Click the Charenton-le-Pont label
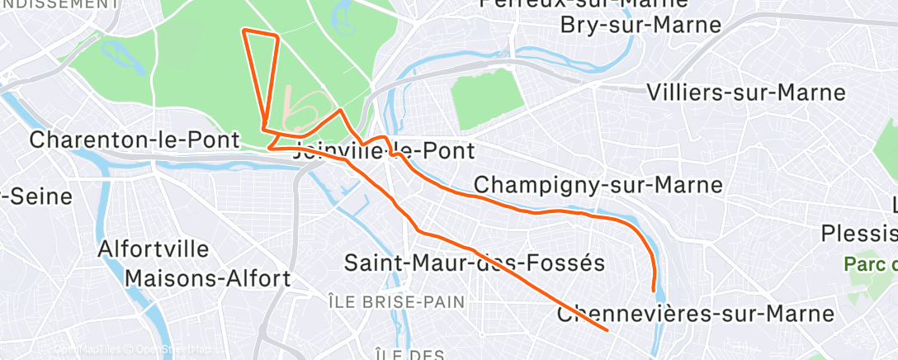(135, 140)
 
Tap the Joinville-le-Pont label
(385, 151)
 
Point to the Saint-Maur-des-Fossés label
(475, 263)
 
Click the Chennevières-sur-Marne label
(695, 315)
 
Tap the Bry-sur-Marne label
(640, 25)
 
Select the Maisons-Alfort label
(208, 277)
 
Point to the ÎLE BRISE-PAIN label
(395, 302)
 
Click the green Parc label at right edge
(870, 265)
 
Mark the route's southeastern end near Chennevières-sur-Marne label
(607, 330)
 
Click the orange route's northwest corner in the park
(243, 31)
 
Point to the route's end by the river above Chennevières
(655, 291)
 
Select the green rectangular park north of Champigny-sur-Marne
(487, 100)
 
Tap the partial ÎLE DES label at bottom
(409, 355)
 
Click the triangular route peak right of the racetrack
(340, 110)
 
